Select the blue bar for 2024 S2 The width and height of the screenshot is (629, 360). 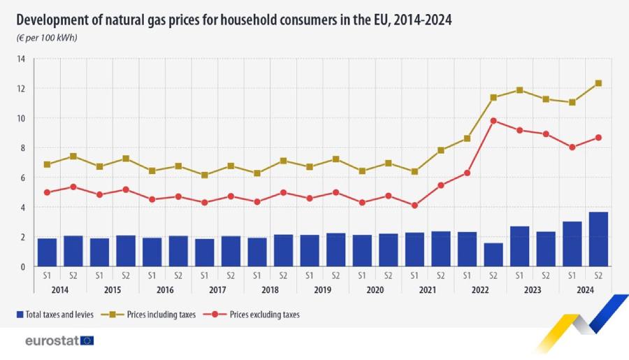click(598, 239)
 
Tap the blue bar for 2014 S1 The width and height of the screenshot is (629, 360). click(47, 252)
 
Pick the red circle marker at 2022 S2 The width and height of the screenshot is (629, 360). click(493, 120)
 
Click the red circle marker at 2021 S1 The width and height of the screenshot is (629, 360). click(414, 206)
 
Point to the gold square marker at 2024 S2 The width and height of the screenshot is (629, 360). click(598, 83)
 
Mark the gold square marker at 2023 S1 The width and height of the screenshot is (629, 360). click(519, 90)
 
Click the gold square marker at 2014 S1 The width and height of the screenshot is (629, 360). click(47, 164)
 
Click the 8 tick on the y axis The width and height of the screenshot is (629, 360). click(22, 148)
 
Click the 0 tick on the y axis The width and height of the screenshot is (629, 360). click(22, 266)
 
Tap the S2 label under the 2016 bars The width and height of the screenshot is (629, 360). click(178, 276)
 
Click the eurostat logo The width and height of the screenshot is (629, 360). click(59, 340)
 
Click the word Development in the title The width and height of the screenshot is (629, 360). click(52, 20)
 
